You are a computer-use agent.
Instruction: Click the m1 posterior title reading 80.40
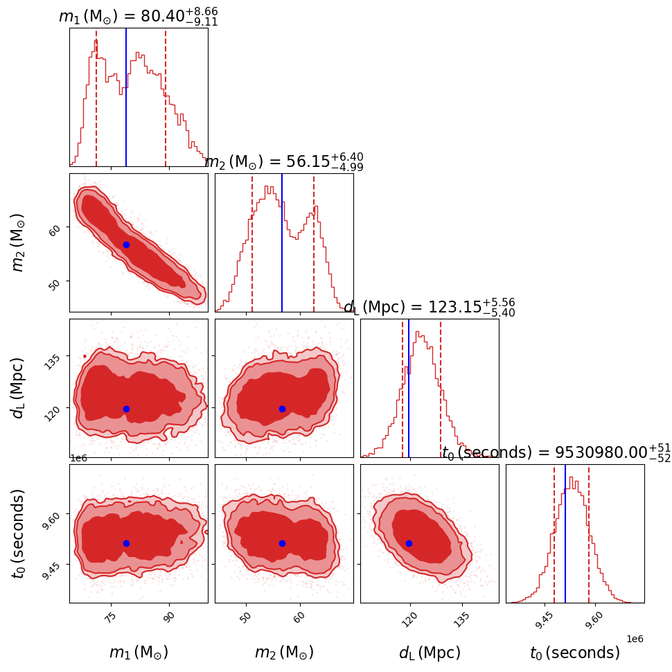tap(138, 16)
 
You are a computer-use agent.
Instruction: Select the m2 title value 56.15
tap(283, 161)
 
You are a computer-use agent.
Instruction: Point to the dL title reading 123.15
tap(429, 307)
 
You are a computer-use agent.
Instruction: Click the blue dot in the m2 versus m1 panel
tap(126, 245)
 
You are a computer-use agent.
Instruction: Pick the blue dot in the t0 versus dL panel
tap(409, 543)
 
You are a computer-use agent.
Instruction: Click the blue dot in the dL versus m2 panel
tap(282, 409)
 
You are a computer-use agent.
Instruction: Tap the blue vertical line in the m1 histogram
tap(126, 97)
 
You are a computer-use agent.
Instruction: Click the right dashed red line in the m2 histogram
tap(314, 242)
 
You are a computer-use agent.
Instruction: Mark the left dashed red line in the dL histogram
tap(403, 388)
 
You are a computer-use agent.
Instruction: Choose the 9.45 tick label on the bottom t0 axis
tap(545, 619)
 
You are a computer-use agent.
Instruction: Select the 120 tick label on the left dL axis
tap(55, 408)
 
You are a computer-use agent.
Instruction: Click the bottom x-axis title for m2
tap(284, 653)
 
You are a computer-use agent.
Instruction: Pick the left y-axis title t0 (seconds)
tap(19, 533)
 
